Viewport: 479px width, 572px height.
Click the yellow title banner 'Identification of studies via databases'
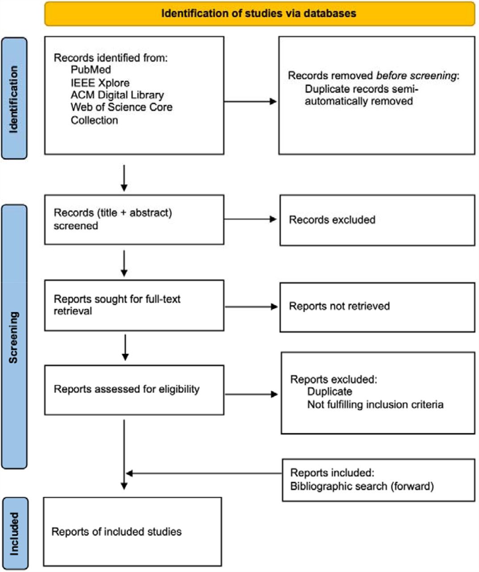[259, 14]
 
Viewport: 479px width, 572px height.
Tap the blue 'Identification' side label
[14, 98]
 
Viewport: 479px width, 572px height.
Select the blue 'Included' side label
[15, 534]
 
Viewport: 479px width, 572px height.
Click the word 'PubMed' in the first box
[91, 70]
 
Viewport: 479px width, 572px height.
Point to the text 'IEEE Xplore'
[100, 83]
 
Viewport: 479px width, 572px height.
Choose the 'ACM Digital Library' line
[117, 95]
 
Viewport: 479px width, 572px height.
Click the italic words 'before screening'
[416, 76]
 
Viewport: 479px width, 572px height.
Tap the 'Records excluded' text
[332, 220]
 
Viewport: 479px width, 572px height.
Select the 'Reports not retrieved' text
[339, 306]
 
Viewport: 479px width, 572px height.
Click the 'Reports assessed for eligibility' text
[126, 389]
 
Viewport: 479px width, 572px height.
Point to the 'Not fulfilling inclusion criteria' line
[375, 404]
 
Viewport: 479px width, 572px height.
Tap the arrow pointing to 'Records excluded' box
[250, 219]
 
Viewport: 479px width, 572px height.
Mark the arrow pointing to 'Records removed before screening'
[250, 101]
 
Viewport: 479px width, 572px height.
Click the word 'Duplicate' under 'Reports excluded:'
[330, 392]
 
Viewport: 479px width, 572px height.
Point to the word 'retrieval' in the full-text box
[73, 311]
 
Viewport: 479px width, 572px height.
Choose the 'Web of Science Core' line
[122, 107]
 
